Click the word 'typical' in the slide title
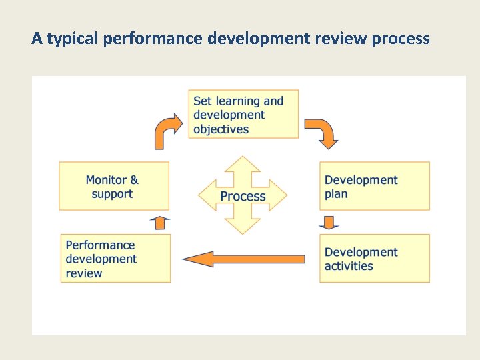[73, 39]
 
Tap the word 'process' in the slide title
[401, 39]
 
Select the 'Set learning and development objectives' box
[243, 114]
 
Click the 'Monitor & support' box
[113, 186]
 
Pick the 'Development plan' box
[374, 186]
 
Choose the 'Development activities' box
[374, 258]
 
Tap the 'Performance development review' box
[115, 258]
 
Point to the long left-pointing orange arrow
[243, 259]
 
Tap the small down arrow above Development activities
[329, 222]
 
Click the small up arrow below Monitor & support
[160, 223]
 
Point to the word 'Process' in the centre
[243, 196]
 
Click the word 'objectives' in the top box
[221, 129]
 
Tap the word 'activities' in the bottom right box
[349, 266]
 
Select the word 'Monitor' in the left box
[105, 180]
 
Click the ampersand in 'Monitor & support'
[134, 180]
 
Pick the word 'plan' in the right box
[336, 194]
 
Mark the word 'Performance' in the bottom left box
[100, 245]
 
